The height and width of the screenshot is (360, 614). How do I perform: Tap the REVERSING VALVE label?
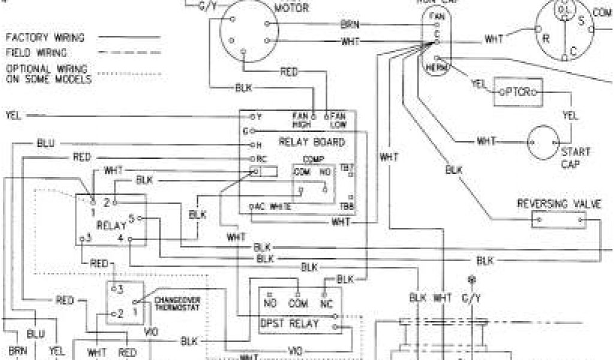[x=559, y=205]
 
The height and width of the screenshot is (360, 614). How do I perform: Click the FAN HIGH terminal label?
[x=300, y=120]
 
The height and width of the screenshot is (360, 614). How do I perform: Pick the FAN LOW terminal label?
[x=338, y=120]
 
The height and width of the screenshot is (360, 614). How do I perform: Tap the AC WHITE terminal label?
[x=276, y=207]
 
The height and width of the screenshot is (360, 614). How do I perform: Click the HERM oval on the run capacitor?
[x=435, y=67]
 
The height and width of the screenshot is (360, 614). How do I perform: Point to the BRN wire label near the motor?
[x=350, y=24]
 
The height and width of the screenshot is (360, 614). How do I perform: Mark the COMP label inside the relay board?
[x=312, y=160]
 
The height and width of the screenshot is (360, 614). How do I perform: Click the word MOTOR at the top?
[x=292, y=8]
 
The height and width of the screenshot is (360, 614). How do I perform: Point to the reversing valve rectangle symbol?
[x=558, y=220]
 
